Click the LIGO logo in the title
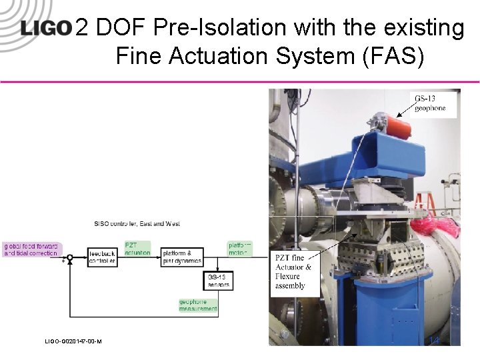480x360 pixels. (45, 28)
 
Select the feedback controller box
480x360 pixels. (103, 257)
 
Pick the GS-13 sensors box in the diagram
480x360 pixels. (217, 281)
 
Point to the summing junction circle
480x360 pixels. (69, 257)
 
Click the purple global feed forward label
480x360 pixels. (31, 249)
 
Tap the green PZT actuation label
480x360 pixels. (137, 249)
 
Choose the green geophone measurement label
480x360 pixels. (198, 305)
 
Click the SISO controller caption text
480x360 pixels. (137, 224)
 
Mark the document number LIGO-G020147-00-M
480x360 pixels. (73, 341)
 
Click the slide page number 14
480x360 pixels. (435, 341)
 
